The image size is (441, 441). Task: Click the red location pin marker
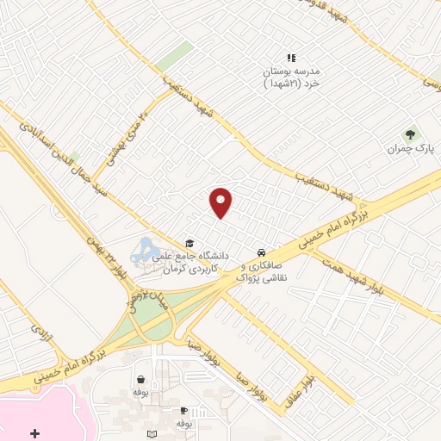click(x=221, y=202)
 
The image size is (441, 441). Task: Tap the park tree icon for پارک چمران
click(x=411, y=134)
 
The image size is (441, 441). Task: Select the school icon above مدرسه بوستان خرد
click(x=290, y=59)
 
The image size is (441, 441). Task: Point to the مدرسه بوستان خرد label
click(x=291, y=78)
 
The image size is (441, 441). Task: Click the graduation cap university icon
click(x=189, y=244)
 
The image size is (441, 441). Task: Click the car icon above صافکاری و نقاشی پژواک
click(x=259, y=252)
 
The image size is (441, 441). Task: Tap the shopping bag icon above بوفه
click(x=140, y=379)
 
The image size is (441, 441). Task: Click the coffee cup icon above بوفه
click(x=183, y=410)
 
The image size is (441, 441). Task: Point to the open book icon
click(x=153, y=434)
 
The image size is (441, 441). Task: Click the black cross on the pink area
click(x=34, y=432)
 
